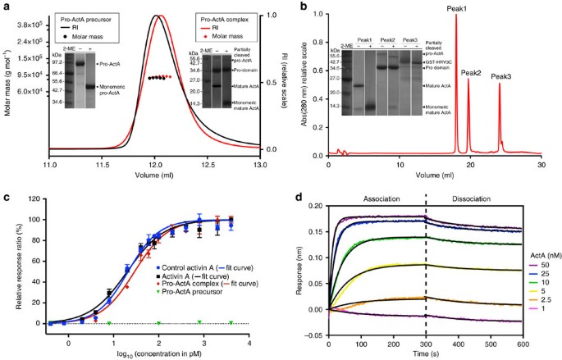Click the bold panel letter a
point(6,6)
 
